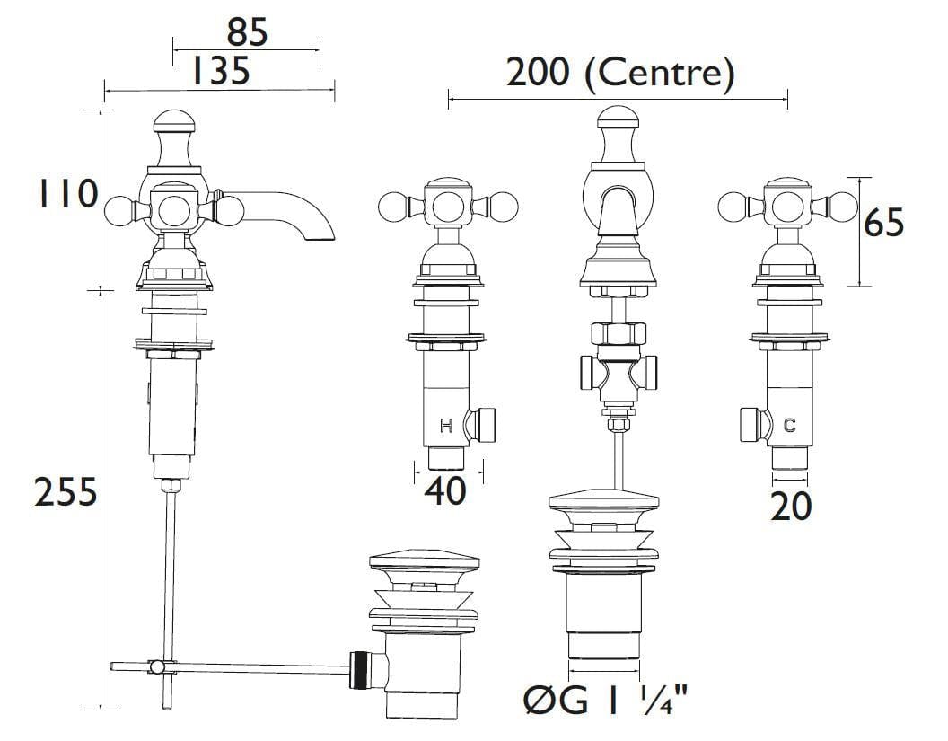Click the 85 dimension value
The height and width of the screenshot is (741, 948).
click(x=247, y=32)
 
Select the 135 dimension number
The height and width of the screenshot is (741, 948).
click(x=220, y=70)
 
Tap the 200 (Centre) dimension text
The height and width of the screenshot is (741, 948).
click(x=619, y=73)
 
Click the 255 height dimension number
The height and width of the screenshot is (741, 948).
click(x=65, y=491)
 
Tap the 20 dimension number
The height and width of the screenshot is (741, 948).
click(x=791, y=507)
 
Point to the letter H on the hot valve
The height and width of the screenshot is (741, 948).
click(x=445, y=426)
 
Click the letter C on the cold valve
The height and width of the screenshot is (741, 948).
click(x=789, y=426)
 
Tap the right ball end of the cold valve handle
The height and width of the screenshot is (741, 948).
click(x=844, y=207)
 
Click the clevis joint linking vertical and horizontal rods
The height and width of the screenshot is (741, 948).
click(x=157, y=666)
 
